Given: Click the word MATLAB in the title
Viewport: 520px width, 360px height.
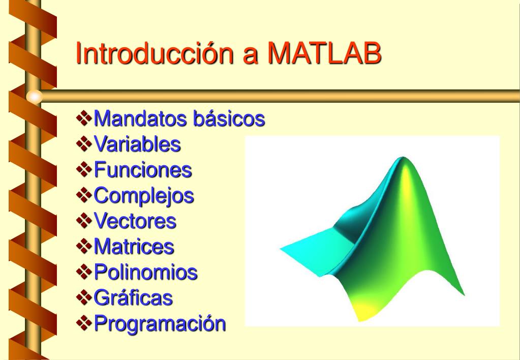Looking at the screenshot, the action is pos(324,53).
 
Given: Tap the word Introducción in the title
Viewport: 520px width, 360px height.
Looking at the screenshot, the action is pos(155,52).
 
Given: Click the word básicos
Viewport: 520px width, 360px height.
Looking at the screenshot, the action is pos(229,118).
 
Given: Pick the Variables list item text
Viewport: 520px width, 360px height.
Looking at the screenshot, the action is pos(137,144).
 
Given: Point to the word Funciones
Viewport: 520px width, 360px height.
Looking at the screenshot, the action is pos(143,169).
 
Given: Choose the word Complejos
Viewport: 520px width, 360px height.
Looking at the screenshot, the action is pos(144,196).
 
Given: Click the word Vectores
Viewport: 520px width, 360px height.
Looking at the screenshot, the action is pos(135,221).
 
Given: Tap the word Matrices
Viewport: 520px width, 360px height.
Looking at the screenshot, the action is pos(134,246).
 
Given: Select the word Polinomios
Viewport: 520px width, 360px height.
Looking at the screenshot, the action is pos(146,272).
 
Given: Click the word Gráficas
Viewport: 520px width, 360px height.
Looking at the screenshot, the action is pos(133,297).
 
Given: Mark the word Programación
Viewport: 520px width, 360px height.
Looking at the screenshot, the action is pos(160,323).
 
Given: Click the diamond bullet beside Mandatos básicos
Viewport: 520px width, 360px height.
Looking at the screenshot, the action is pos(84,118).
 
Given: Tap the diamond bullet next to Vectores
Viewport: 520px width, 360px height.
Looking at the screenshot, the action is pos(84,221).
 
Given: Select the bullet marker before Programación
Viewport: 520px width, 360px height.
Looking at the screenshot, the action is pos(84,323).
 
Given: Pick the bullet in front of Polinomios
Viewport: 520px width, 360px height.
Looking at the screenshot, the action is pos(84,272).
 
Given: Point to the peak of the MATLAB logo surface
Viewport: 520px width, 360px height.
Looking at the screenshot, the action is pos(403,158).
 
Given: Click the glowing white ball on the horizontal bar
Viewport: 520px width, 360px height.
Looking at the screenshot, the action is pos(35,97).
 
